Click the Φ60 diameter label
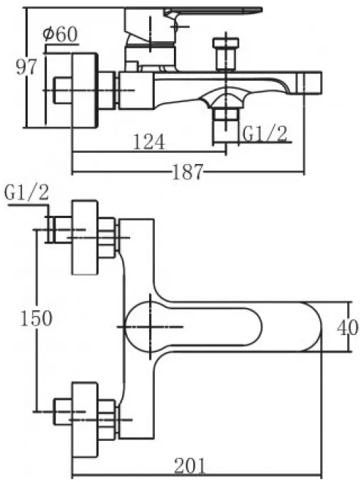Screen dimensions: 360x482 click(60, 34)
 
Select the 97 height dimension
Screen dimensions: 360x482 click(26, 67)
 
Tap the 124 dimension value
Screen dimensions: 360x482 click(149, 142)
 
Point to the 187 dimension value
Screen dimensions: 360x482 click(187, 172)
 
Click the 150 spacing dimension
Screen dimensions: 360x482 click(36, 318)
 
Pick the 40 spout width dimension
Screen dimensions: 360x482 click(348, 328)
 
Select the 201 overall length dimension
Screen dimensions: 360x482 click(190, 466)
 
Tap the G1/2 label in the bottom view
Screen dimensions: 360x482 click(27, 193)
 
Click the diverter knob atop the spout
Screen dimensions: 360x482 click(227, 55)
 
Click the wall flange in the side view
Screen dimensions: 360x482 click(84, 90)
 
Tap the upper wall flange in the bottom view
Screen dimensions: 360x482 click(84, 237)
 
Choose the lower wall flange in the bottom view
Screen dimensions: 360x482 click(84, 419)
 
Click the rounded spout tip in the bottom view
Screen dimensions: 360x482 click(310, 327)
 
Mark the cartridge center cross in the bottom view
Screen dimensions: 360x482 click(151, 327)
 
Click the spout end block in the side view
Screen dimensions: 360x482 click(310, 82)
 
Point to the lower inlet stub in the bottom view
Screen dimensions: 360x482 click(63, 412)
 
